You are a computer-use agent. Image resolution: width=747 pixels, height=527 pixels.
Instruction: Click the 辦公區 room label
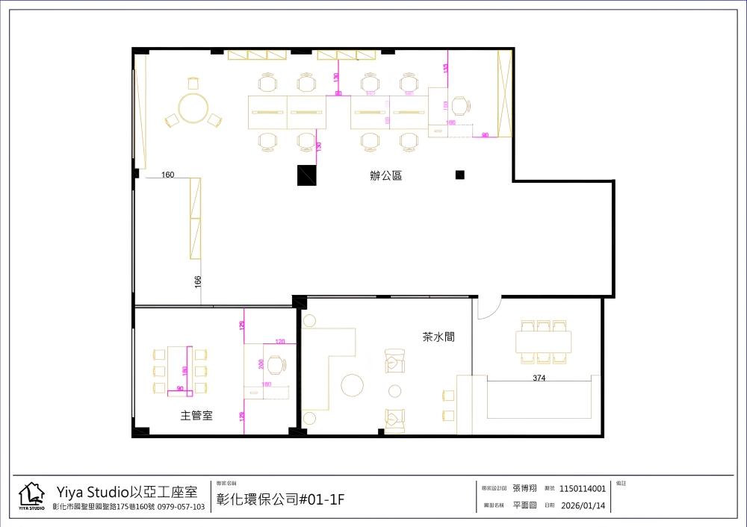[385, 177]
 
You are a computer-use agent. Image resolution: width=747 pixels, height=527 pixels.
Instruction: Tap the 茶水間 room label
[438, 337]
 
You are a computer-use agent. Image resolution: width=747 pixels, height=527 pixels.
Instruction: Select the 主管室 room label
[196, 415]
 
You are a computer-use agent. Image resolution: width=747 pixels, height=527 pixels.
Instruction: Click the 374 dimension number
[539, 378]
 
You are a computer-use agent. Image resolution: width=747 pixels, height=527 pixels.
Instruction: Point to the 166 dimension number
[198, 281]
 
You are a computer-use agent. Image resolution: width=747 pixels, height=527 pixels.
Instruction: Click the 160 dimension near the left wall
[167, 175]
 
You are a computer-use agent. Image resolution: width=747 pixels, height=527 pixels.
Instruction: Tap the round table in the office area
[193, 108]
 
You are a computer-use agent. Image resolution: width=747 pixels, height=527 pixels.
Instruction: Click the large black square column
[306, 175]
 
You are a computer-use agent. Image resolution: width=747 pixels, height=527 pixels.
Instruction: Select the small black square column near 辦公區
[460, 175]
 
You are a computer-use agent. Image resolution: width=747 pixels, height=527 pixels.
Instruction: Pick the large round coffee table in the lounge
[351, 385]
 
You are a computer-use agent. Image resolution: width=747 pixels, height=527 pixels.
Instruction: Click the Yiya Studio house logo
[31, 496]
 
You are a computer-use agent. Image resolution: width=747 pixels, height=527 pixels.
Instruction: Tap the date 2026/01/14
[583, 505]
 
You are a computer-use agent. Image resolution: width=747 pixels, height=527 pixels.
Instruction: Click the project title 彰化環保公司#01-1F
[280, 499]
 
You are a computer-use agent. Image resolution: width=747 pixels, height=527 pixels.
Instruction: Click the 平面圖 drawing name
[524, 505]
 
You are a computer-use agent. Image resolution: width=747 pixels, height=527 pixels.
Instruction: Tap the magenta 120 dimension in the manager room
[280, 341]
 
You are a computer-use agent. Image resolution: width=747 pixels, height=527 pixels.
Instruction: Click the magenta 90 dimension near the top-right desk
[485, 135]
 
